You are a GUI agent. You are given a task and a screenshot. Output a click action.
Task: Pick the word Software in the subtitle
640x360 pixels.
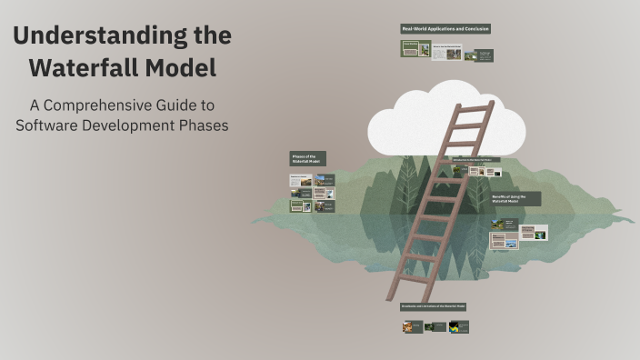tap(50, 125)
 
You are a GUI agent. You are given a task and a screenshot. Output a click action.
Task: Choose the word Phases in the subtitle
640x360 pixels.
tap(203, 125)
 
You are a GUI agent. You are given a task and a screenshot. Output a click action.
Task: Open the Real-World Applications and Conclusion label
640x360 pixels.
tap(445, 29)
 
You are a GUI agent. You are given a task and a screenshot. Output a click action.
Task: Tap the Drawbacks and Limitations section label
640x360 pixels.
tap(434, 306)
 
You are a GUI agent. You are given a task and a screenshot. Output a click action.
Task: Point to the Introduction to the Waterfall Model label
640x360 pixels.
tap(475, 159)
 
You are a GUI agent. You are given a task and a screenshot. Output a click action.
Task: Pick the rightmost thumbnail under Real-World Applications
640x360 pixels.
tap(485, 55)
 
